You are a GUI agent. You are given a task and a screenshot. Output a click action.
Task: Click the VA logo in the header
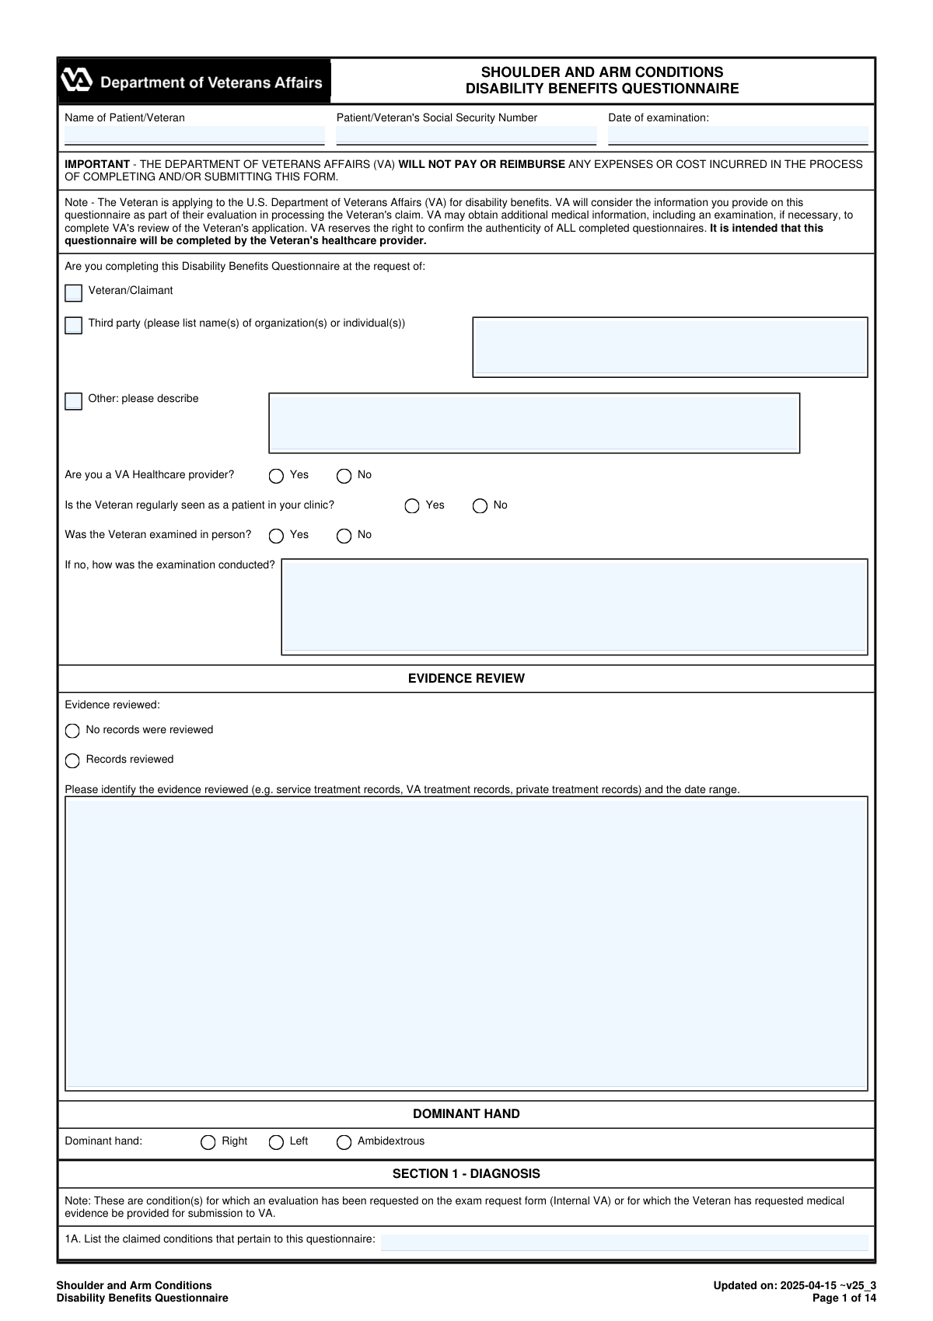pyautogui.click(x=77, y=81)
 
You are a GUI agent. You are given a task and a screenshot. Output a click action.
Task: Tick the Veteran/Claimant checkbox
pyautogui.click(x=74, y=293)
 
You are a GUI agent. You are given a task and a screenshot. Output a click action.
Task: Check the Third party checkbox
pyautogui.click(x=74, y=325)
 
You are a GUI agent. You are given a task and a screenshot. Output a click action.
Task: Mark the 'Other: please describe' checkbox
pyautogui.click(x=74, y=401)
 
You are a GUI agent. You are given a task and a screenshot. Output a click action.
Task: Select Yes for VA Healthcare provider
pyautogui.click(x=276, y=476)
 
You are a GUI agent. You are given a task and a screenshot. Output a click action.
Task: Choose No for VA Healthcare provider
pyautogui.click(x=344, y=476)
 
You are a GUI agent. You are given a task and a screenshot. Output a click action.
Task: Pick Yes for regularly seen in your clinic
pyautogui.click(x=412, y=506)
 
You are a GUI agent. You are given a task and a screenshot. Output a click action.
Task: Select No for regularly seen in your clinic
pyautogui.click(x=480, y=506)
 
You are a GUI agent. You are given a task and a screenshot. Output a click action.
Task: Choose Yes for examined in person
pyautogui.click(x=276, y=536)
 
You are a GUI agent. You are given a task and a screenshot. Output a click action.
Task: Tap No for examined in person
pyautogui.click(x=344, y=536)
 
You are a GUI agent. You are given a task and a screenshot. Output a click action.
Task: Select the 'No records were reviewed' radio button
pyautogui.click(x=72, y=731)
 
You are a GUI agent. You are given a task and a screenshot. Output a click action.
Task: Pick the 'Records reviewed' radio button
pyautogui.click(x=72, y=760)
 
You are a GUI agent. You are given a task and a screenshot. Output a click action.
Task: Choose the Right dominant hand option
pyautogui.click(x=208, y=1142)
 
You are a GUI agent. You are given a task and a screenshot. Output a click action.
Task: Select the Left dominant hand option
pyautogui.click(x=276, y=1142)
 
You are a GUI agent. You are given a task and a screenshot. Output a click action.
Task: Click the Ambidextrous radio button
pyautogui.click(x=344, y=1142)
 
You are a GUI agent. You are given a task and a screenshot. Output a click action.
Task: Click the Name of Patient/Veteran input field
pyautogui.click(x=194, y=135)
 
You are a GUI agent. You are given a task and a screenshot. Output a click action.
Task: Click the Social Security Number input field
pyautogui.click(x=466, y=135)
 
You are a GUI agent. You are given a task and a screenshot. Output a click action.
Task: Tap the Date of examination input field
pyautogui.click(x=737, y=135)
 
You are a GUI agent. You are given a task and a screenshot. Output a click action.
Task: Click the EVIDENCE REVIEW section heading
pyautogui.click(x=466, y=679)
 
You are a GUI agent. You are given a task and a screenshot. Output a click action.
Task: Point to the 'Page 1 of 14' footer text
pyautogui.click(x=844, y=1298)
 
